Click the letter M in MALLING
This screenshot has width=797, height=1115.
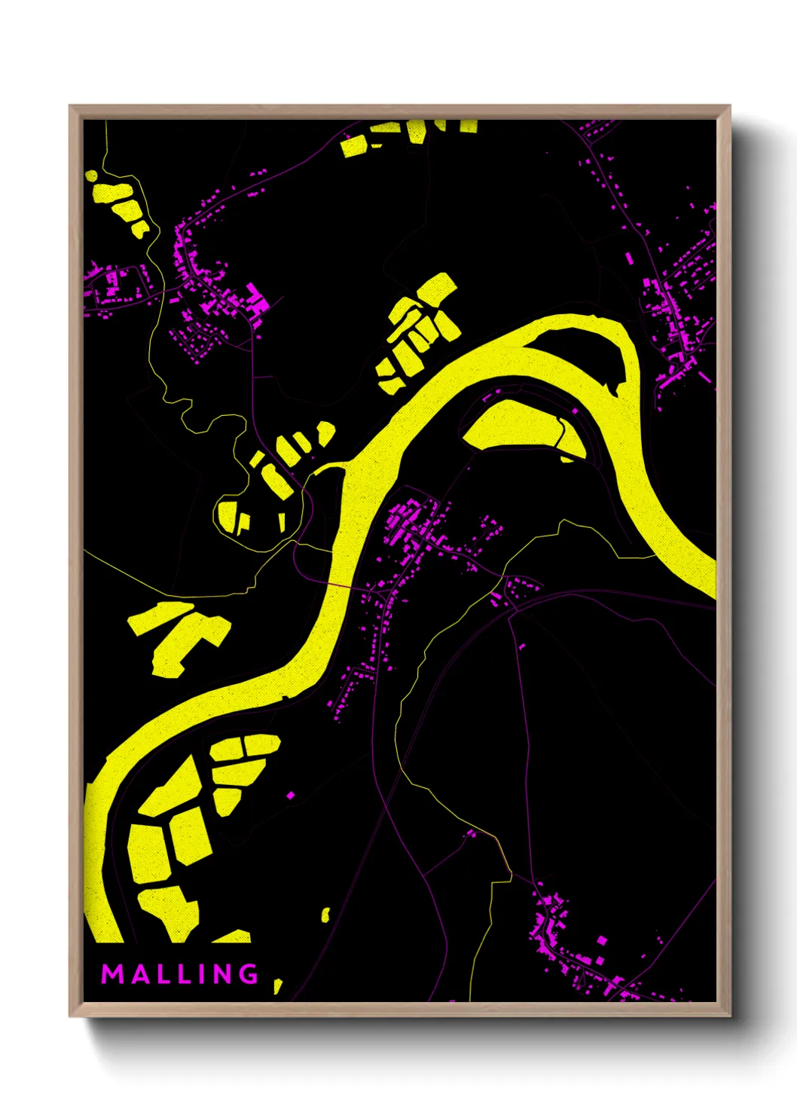click(x=111, y=974)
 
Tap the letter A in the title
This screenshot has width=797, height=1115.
click(x=138, y=974)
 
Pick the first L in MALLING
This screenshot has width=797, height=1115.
click(x=160, y=974)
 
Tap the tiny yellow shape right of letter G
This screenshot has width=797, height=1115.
click(x=278, y=985)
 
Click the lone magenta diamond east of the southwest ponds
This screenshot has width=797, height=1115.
click(x=291, y=794)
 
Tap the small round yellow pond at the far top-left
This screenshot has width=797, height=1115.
click(x=91, y=176)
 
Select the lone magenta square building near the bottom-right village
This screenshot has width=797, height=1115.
click(x=601, y=940)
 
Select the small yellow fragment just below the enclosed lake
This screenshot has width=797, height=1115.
click(x=567, y=458)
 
